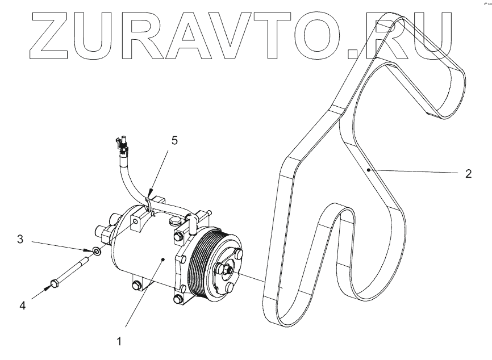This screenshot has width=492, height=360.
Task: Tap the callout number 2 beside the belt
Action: tap(468, 174)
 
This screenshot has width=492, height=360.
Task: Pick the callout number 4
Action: tap(22, 305)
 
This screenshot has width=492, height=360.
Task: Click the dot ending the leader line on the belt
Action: tap(369, 169)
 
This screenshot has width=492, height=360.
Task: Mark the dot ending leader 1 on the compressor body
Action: tap(164, 259)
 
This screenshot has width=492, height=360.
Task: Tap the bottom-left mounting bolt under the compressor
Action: tap(136, 285)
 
